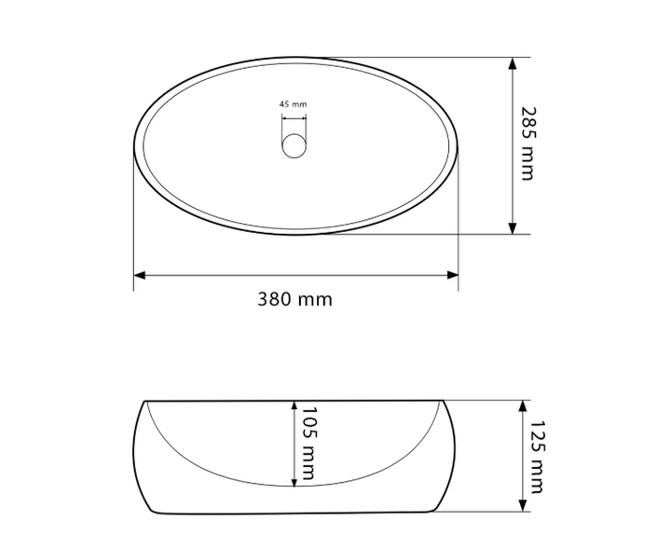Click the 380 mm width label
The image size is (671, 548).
click(x=294, y=299)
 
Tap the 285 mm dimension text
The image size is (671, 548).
click(x=527, y=144)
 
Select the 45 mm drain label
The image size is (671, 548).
click(x=294, y=104)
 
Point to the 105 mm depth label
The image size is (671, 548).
click(x=309, y=444)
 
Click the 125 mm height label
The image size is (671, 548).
click(x=537, y=457)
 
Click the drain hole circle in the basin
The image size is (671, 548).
click(x=294, y=146)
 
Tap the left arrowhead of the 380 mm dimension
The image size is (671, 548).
click(x=140, y=275)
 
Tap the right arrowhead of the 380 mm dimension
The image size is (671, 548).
click(x=452, y=275)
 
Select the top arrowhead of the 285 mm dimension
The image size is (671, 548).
click(x=513, y=63)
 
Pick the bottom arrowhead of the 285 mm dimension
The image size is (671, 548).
click(x=513, y=228)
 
